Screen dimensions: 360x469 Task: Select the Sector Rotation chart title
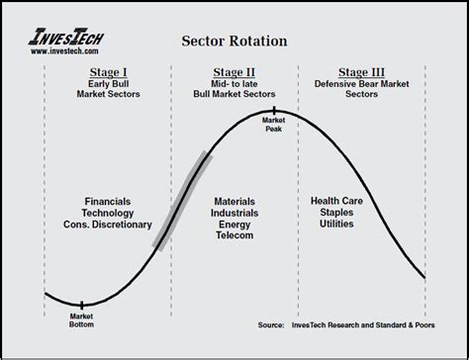(x=234, y=42)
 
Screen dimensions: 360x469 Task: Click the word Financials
(x=108, y=201)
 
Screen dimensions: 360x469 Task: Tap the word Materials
(x=234, y=201)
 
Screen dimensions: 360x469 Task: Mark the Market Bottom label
(x=81, y=321)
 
